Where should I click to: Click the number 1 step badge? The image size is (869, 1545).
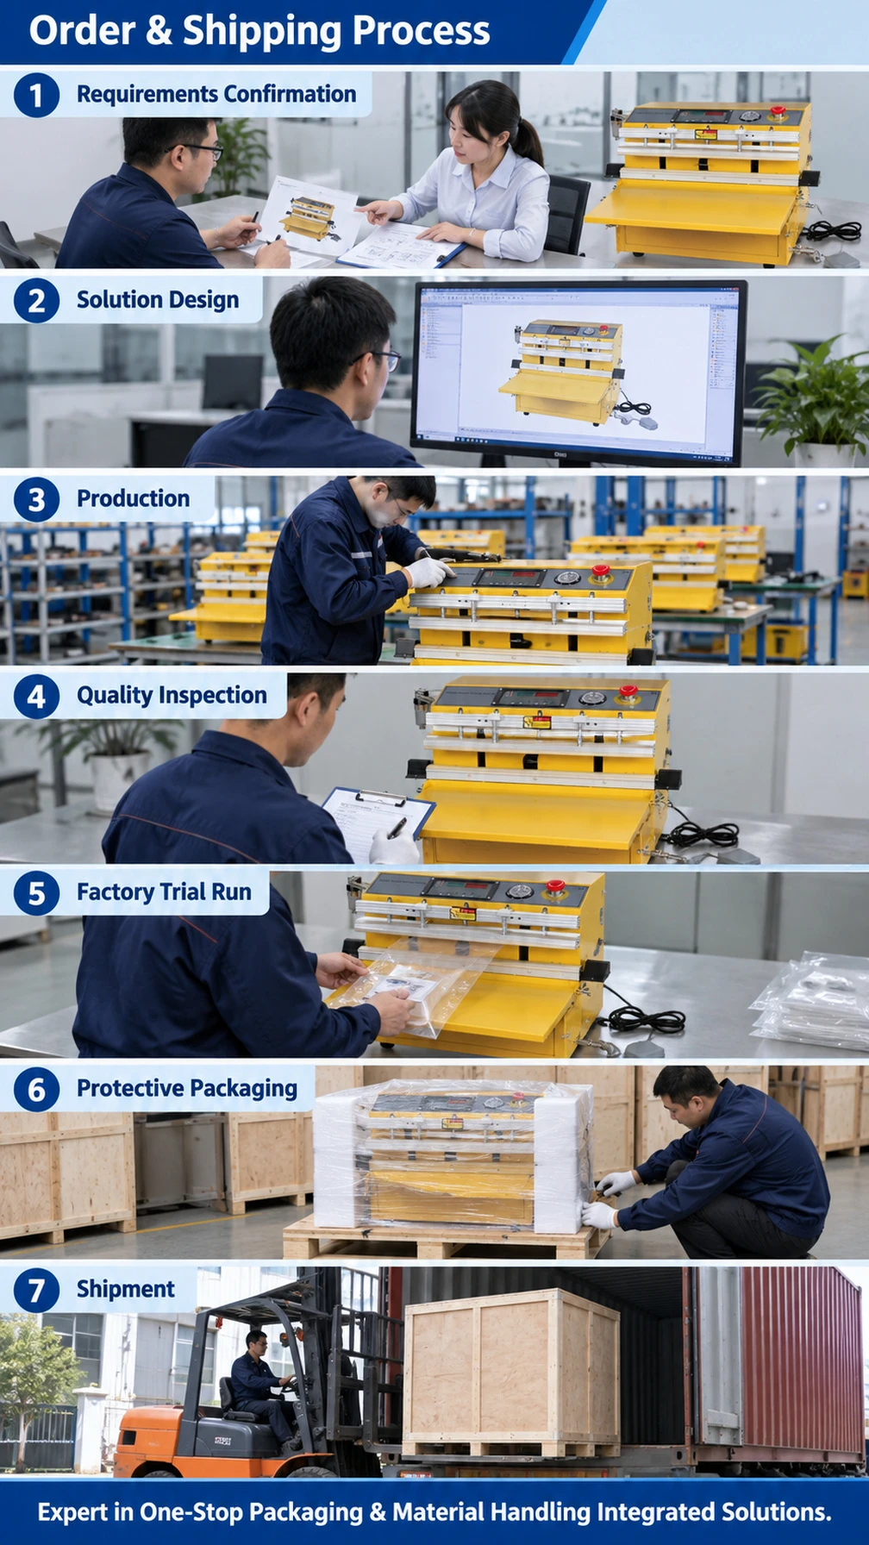36,95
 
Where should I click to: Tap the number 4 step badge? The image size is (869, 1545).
36,697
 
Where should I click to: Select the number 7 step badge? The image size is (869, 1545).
36,1291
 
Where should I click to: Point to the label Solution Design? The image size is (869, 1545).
158,300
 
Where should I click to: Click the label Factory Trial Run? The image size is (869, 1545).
164,892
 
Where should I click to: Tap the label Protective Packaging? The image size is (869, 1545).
187,1089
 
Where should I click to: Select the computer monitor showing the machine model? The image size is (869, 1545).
579,372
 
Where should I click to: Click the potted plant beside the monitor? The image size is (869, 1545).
811,398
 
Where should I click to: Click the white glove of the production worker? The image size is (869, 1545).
428,572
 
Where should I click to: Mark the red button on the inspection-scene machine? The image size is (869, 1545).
628,691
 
